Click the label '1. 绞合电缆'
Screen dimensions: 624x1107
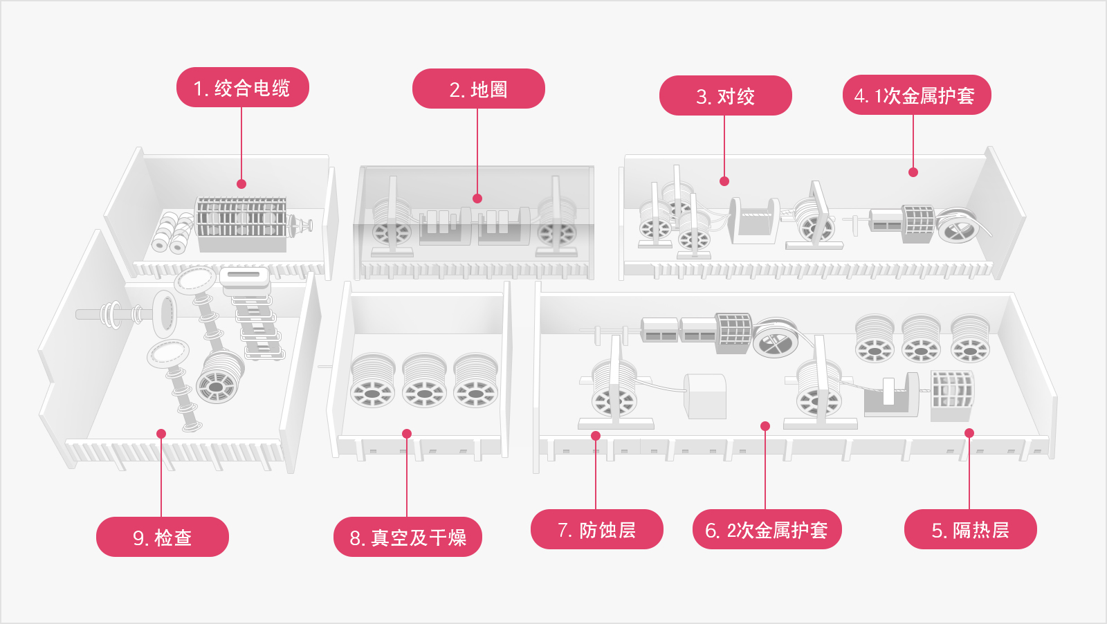(x=242, y=88)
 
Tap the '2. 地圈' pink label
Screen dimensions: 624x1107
(x=478, y=89)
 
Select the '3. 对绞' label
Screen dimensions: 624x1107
(x=725, y=96)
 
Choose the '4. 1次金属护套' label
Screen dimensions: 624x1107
(x=916, y=95)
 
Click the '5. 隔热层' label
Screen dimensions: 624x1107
(x=970, y=530)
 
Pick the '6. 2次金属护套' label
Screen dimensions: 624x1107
(x=767, y=530)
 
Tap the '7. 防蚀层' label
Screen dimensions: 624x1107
(x=596, y=530)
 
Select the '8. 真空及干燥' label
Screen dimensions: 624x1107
(x=408, y=538)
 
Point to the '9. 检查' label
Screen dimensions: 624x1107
(x=162, y=538)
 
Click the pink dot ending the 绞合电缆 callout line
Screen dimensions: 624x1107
(x=241, y=184)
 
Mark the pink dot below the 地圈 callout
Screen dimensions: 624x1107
(x=477, y=199)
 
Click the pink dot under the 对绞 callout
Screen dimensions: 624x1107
(x=724, y=181)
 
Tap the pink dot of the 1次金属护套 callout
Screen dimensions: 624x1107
(x=913, y=172)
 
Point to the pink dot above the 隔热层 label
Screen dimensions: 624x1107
(x=969, y=433)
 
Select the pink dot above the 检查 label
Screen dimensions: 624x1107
(x=161, y=434)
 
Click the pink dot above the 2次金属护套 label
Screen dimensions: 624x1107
(x=765, y=426)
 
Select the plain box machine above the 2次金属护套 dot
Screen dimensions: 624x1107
(x=705, y=396)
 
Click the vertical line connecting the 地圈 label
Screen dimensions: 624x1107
(x=477, y=152)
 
